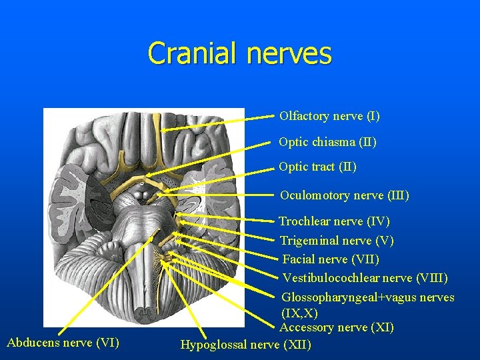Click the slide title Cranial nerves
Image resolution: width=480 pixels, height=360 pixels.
(239, 53)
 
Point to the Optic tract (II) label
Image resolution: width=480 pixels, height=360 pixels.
(317, 167)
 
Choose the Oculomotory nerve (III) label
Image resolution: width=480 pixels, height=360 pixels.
(344, 195)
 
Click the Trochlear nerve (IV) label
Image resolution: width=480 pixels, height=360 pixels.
(334, 221)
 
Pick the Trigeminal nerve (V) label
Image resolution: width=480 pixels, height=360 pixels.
(337, 240)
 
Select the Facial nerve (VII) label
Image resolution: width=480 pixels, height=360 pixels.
(331, 259)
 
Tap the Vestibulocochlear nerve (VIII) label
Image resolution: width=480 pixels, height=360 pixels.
(365, 277)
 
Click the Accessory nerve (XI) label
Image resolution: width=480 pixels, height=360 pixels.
(337, 327)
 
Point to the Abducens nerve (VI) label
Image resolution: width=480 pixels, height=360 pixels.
(63, 343)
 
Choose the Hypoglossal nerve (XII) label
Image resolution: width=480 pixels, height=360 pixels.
(245, 345)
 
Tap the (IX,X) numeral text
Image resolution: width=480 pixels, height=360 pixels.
(299, 313)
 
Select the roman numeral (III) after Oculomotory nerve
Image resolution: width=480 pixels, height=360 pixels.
(398, 195)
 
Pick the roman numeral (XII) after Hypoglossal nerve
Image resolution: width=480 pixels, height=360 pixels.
(297, 345)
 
